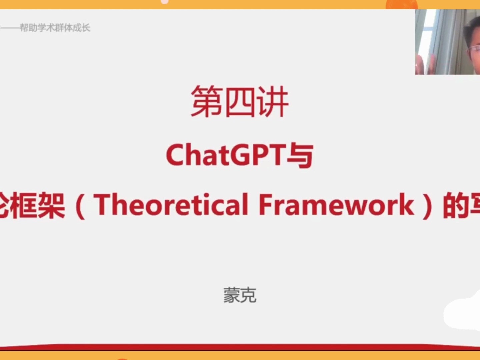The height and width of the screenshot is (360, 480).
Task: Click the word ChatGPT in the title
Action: [x=226, y=155]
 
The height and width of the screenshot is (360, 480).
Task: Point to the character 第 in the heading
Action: [x=206, y=101]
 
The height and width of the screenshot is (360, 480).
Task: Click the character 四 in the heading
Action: [x=240, y=101]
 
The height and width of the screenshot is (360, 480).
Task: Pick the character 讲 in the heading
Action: [x=273, y=101]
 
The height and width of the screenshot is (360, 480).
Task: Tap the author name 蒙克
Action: [x=240, y=295]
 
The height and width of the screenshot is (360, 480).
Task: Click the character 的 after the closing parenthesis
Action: [x=455, y=206]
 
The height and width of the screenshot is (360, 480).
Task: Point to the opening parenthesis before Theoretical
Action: [x=80, y=206]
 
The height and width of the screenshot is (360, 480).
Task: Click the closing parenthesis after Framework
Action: [x=427, y=206]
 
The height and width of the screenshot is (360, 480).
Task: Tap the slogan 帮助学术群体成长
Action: [x=55, y=28]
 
